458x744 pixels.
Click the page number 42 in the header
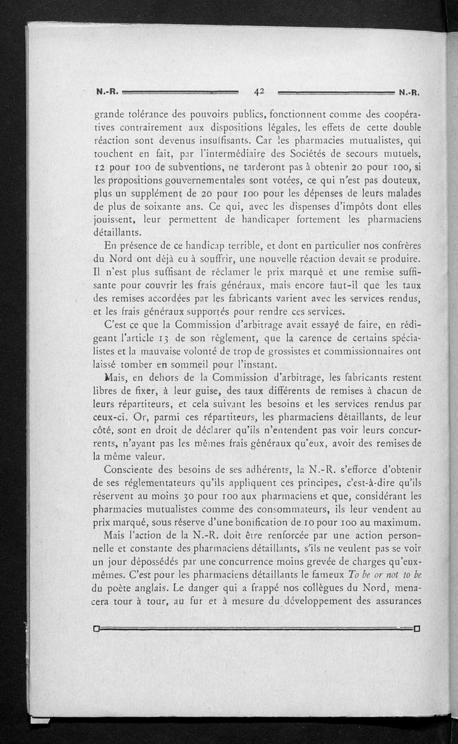pyautogui.click(x=260, y=90)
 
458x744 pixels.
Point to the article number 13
pyautogui.click(x=160, y=340)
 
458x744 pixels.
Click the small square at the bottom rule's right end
pyautogui.click(x=417, y=629)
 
